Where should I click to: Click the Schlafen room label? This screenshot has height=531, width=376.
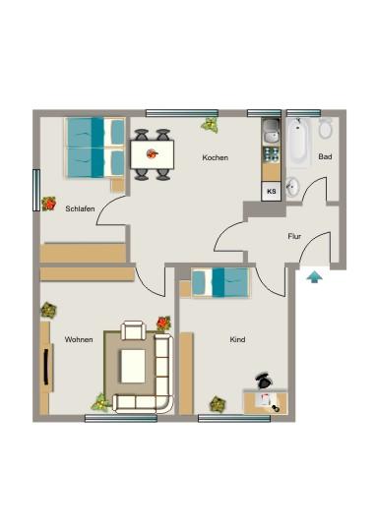point(81,208)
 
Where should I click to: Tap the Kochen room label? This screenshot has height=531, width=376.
point(216,158)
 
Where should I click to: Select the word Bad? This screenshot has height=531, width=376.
point(325,157)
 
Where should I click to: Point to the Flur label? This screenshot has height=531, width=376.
point(293,236)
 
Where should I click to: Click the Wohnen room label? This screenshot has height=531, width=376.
point(79,339)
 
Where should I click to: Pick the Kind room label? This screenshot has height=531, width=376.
point(237,339)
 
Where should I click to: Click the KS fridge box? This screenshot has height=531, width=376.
point(270,192)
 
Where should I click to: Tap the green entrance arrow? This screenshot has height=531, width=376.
point(314,277)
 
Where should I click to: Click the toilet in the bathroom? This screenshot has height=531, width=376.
point(326,129)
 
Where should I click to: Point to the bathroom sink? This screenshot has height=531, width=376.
point(293,187)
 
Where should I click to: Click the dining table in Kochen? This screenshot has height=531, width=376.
point(152,153)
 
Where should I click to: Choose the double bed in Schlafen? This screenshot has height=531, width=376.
point(94,147)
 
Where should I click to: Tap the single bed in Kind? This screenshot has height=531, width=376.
point(220,282)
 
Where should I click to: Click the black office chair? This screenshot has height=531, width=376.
point(263,381)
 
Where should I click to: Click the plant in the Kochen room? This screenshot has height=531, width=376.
point(209,125)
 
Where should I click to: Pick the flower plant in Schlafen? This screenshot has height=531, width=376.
point(49,204)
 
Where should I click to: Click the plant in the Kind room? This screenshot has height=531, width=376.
point(217,403)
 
